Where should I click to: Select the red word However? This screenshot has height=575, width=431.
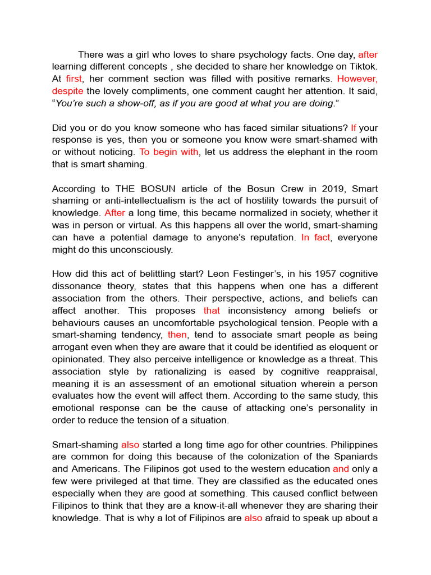(357, 79)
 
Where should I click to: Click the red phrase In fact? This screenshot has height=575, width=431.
(316, 237)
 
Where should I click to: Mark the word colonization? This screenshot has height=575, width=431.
(272, 456)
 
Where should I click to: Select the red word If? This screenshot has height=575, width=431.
(354, 127)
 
